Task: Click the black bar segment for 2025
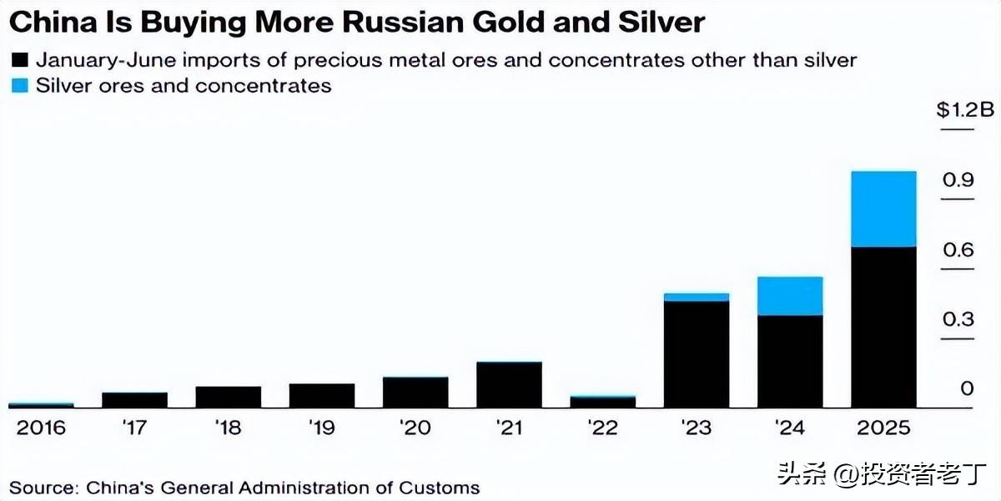pyautogui.click(x=883, y=326)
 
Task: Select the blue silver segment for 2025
pyautogui.click(x=883, y=209)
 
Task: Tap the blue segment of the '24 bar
pyautogui.click(x=790, y=296)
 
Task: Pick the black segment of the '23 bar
pyautogui.click(x=697, y=354)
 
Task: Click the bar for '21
pyautogui.click(x=509, y=384)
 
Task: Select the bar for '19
pyautogui.click(x=322, y=395)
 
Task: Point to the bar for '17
pyautogui.click(x=134, y=399)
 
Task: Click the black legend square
pyautogui.click(x=19, y=61)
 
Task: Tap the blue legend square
pyautogui.click(x=19, y=86)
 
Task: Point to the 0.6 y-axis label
pyautogui.click(x=958, y=250)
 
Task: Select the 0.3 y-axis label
pyautogui.click(x=958, y=320)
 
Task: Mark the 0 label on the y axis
pyautogui.click(x=967, y=388)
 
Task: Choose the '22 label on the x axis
pyautogui.click(x=602, y=428)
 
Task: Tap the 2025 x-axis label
pyautogui.click(x=883, y=428)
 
